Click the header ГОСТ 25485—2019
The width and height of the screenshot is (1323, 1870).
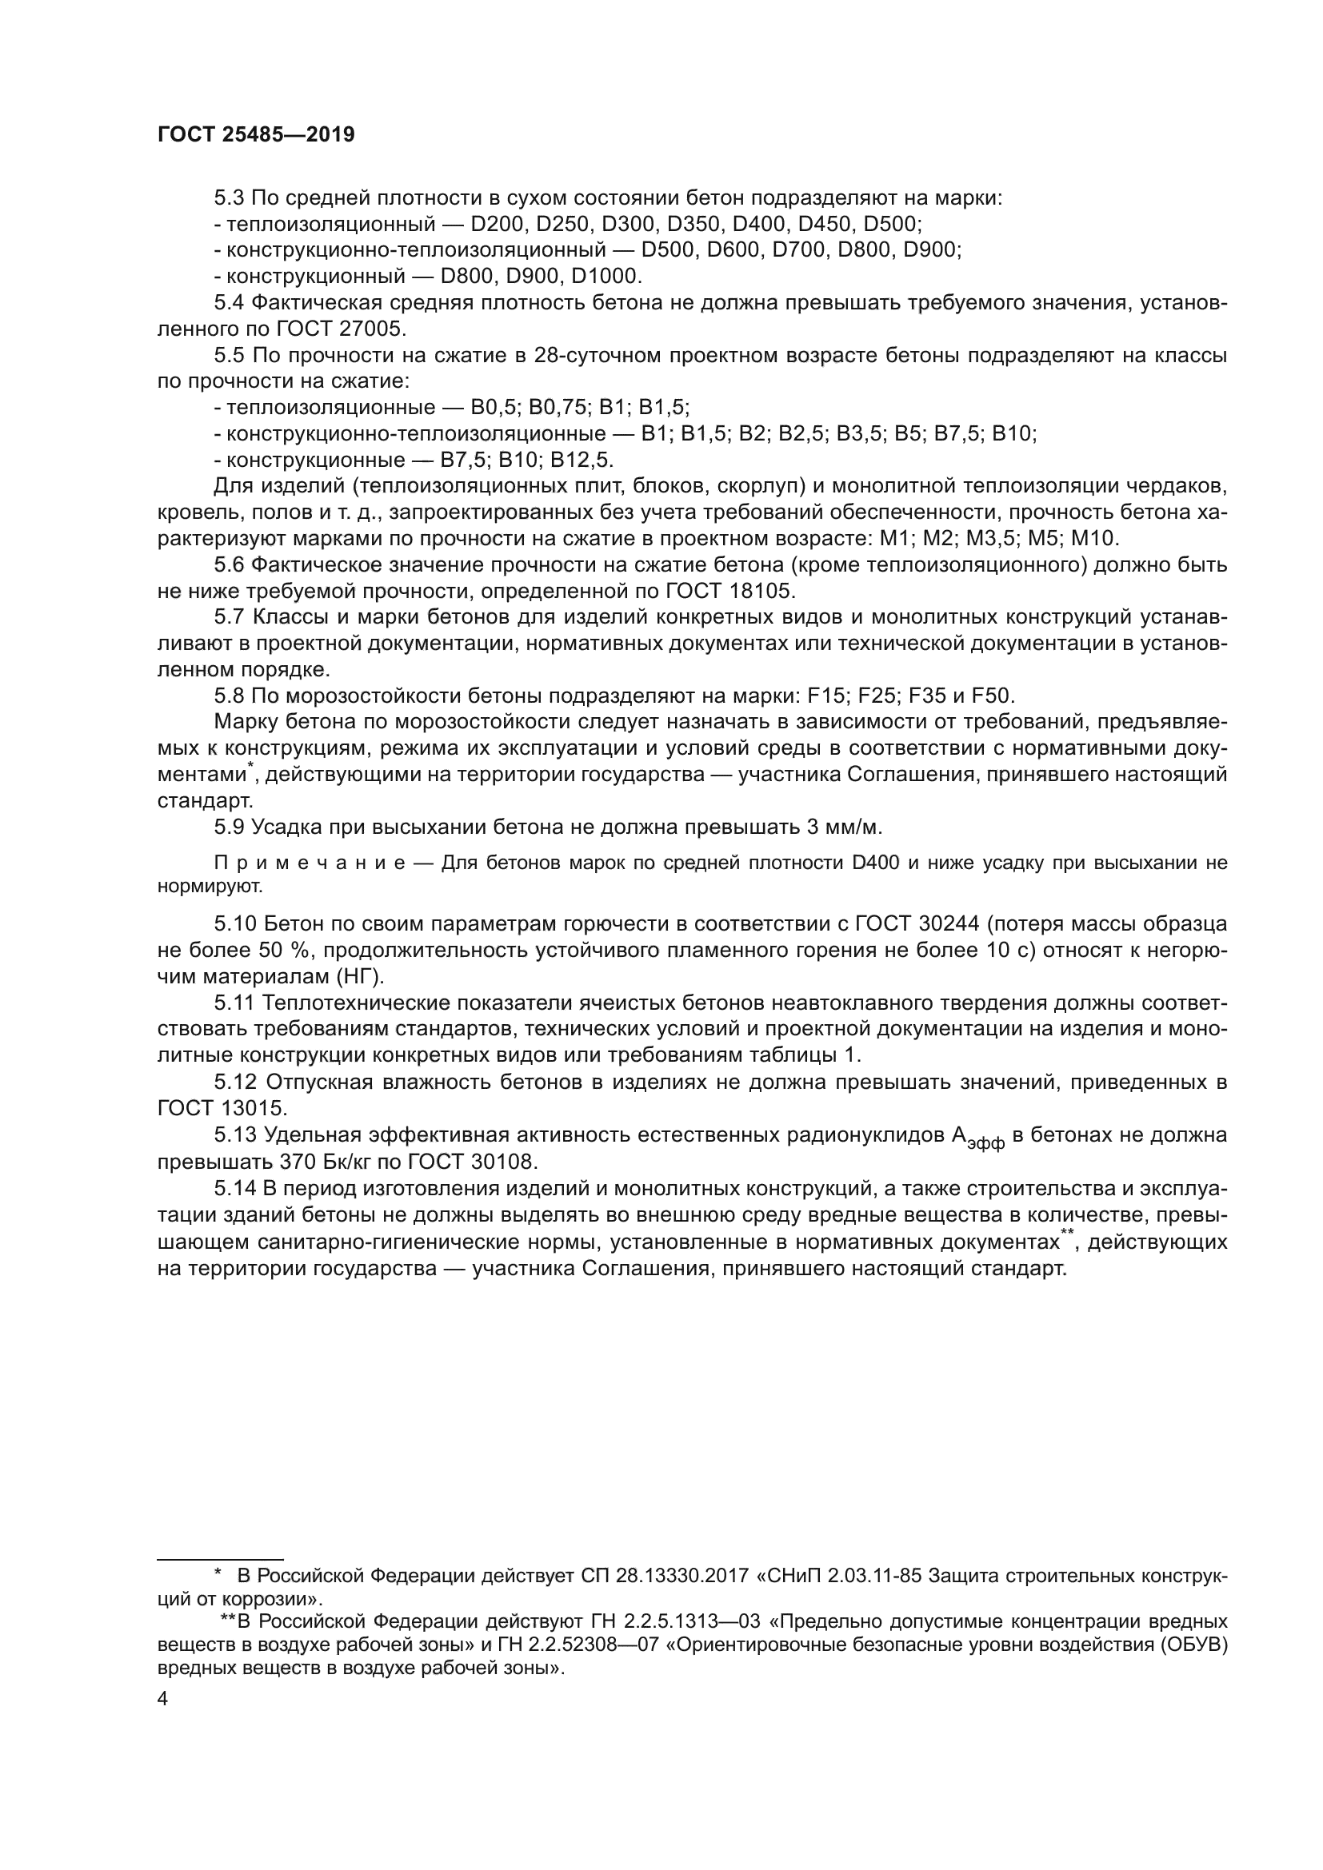(256, 135)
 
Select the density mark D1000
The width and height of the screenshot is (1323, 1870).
(607, 275)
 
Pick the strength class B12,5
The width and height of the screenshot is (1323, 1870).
(582, 461)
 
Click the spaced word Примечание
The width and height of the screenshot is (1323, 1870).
(310, 863)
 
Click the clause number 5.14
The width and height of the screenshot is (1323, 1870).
(235, 1188)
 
